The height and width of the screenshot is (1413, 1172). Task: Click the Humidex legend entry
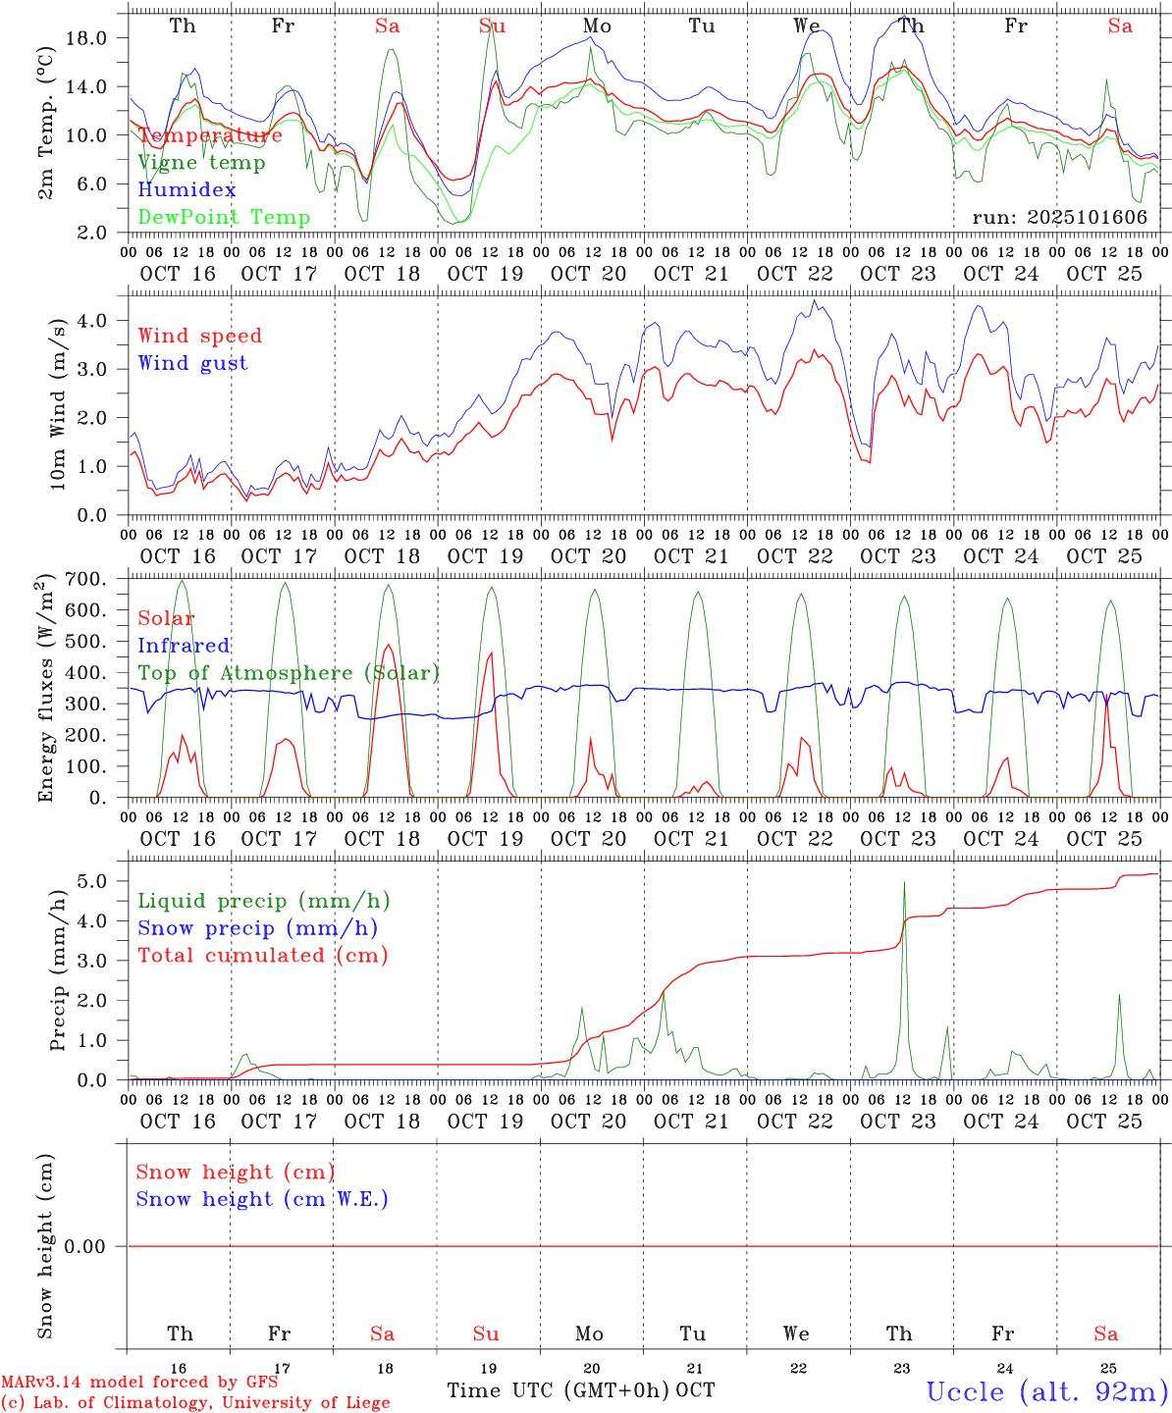(x=186, y=190)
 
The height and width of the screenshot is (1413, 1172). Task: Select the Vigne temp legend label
(x=201, y=163)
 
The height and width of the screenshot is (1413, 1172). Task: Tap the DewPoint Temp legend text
(x=224, y=218)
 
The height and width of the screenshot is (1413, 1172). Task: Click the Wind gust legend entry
(x=192, y=363)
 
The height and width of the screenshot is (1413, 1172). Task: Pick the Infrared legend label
(x=184, y=646)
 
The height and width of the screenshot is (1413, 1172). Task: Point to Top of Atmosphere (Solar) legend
(x=289, y=673)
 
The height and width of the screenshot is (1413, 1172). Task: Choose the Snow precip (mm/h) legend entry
(x=257, y=928)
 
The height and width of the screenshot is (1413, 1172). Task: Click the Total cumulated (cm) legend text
(x=262, y=956)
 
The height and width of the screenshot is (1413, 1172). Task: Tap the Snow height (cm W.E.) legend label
(x=262, y=1199)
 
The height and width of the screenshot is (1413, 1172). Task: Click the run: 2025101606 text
(x=1059, y=218)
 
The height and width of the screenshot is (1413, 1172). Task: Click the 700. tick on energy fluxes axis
(x=86, y=580)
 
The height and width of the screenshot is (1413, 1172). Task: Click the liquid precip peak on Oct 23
(x=904, y=883)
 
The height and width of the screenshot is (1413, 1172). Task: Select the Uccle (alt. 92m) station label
(x=1047, y=1391)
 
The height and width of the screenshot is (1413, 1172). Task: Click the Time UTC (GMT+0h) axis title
(x=558, y=1390)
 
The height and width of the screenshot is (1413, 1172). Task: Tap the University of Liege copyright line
(x=195, y=1403)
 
